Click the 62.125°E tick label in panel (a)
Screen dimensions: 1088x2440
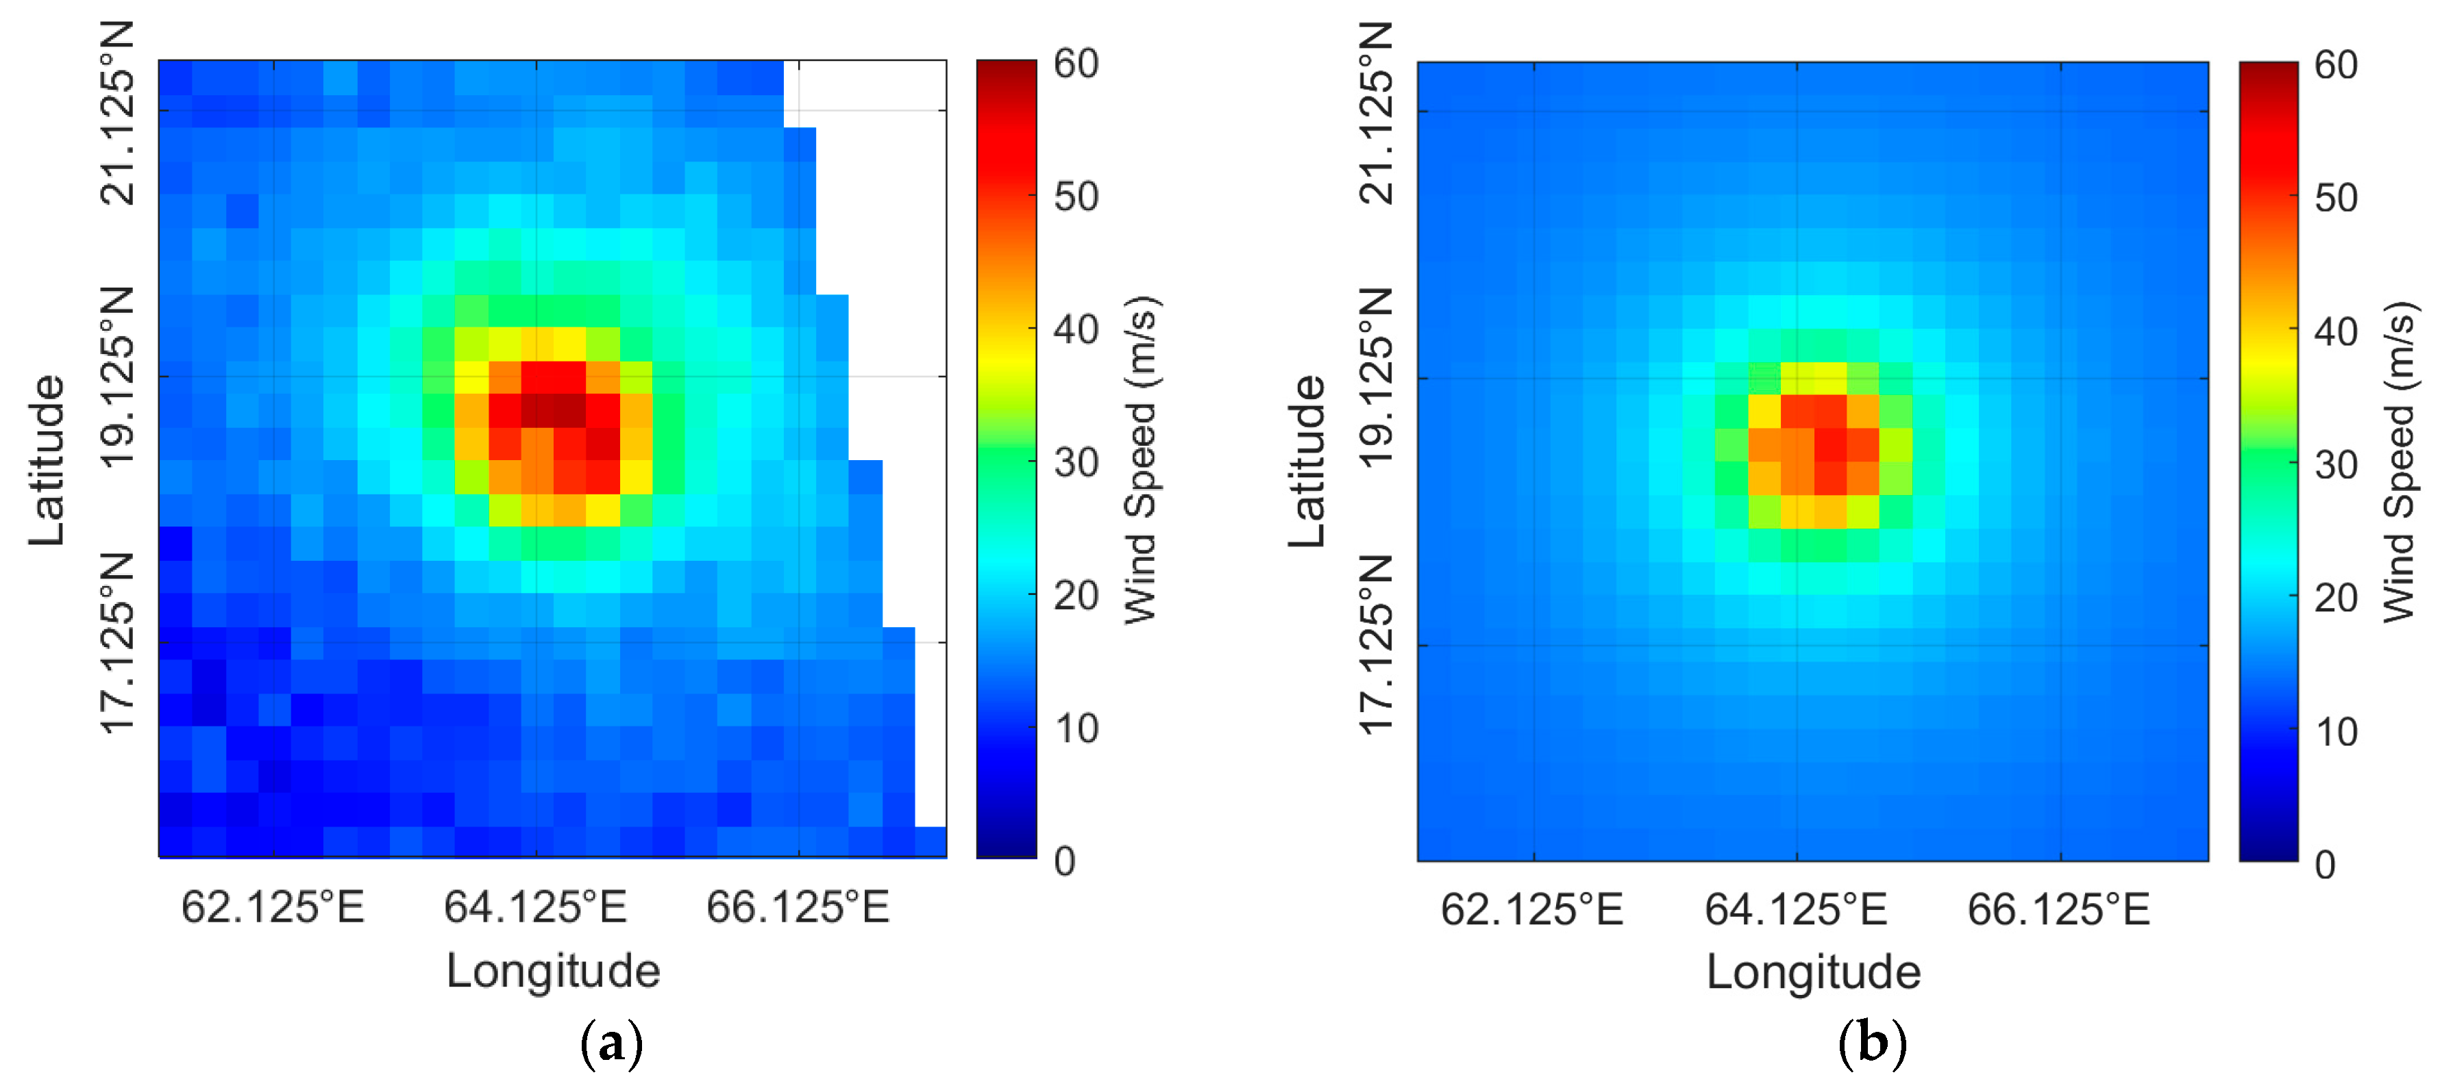(273, 907)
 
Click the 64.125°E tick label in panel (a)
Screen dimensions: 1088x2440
(535, 907)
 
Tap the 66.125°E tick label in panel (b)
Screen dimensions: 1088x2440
(2058, 909)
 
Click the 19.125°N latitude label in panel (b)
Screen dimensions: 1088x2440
(1377, 379)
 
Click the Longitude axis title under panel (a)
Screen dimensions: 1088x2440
(553, 971)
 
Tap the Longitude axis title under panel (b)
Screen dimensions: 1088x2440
(1813, 972)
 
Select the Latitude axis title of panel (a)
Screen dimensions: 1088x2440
(47, 460)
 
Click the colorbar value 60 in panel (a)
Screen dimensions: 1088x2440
(1076, 64)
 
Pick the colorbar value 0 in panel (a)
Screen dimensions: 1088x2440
(1065, 861)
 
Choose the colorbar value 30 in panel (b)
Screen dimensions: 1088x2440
(2336, 465)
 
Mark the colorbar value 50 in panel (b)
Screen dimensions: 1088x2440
(2336, 198)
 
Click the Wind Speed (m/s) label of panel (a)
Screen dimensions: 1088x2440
(1142, 460)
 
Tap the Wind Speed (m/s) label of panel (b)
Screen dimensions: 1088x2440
(2400, 462)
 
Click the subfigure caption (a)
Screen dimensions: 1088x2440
(611, 1043)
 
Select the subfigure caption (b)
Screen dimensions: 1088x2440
(1872, 1043)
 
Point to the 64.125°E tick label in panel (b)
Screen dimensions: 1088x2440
(1796, 909)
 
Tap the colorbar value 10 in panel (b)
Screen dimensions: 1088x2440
(2336, 732)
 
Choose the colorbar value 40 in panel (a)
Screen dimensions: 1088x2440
(1076, 329)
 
